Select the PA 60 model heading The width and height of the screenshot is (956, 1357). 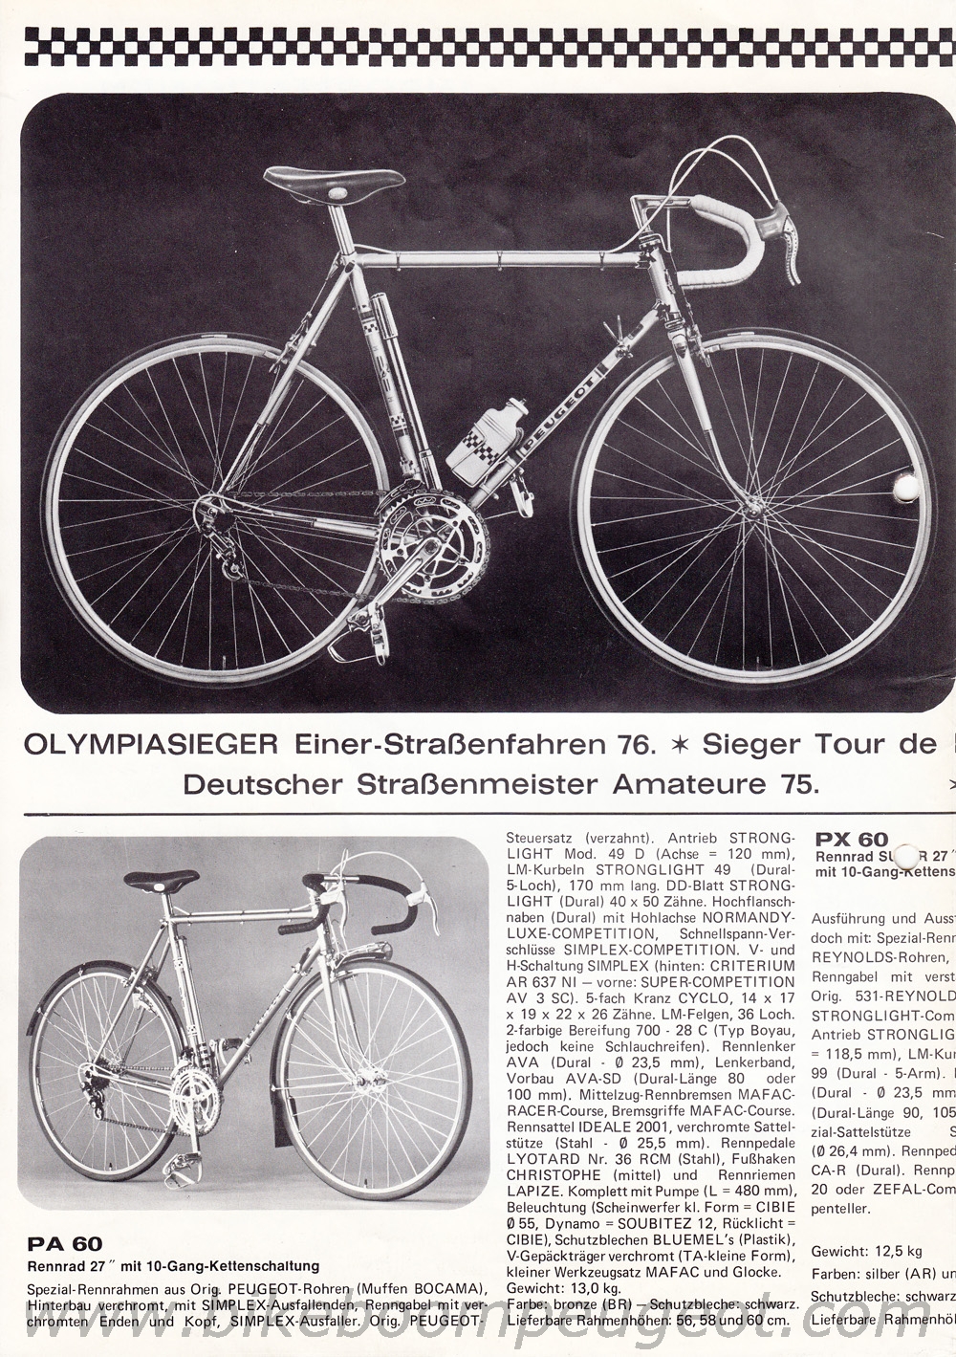tap(64, 1244)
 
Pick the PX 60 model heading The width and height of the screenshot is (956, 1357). tap(852, 841)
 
